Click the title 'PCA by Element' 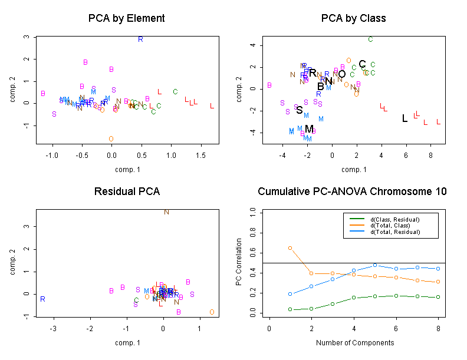tap(126, 18)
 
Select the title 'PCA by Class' tap(353, 18)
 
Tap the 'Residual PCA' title tap(126, 191)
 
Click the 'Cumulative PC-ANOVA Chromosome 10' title tap(353, 191)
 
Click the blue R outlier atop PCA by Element tap(140, 39)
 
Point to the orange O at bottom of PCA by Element tap(111, 139)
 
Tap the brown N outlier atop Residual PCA tap(166, 212)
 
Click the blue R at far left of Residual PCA tap(42, 299)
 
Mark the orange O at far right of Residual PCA tap(212, 312)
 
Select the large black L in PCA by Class tap(404, 118)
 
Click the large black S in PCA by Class tap(299, 110)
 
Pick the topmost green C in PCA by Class tap(370, 39)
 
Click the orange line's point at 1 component tap(290, 248)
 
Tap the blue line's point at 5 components tap(375, 265)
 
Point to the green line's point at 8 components tap(439, 297)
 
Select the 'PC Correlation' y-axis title tap(239, 262)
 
